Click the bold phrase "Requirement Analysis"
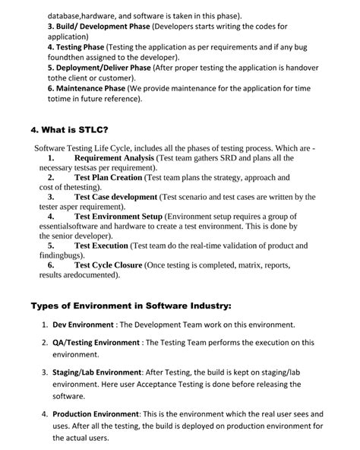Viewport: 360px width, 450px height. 114,158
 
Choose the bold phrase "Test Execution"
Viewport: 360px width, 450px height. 102,246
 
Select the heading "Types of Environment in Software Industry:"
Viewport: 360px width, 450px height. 131,306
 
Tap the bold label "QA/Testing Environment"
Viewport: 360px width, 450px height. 96,343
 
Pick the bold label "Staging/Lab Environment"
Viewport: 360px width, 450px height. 96,372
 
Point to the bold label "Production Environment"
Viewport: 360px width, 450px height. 95,414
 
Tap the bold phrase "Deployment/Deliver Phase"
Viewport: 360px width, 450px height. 99,67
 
